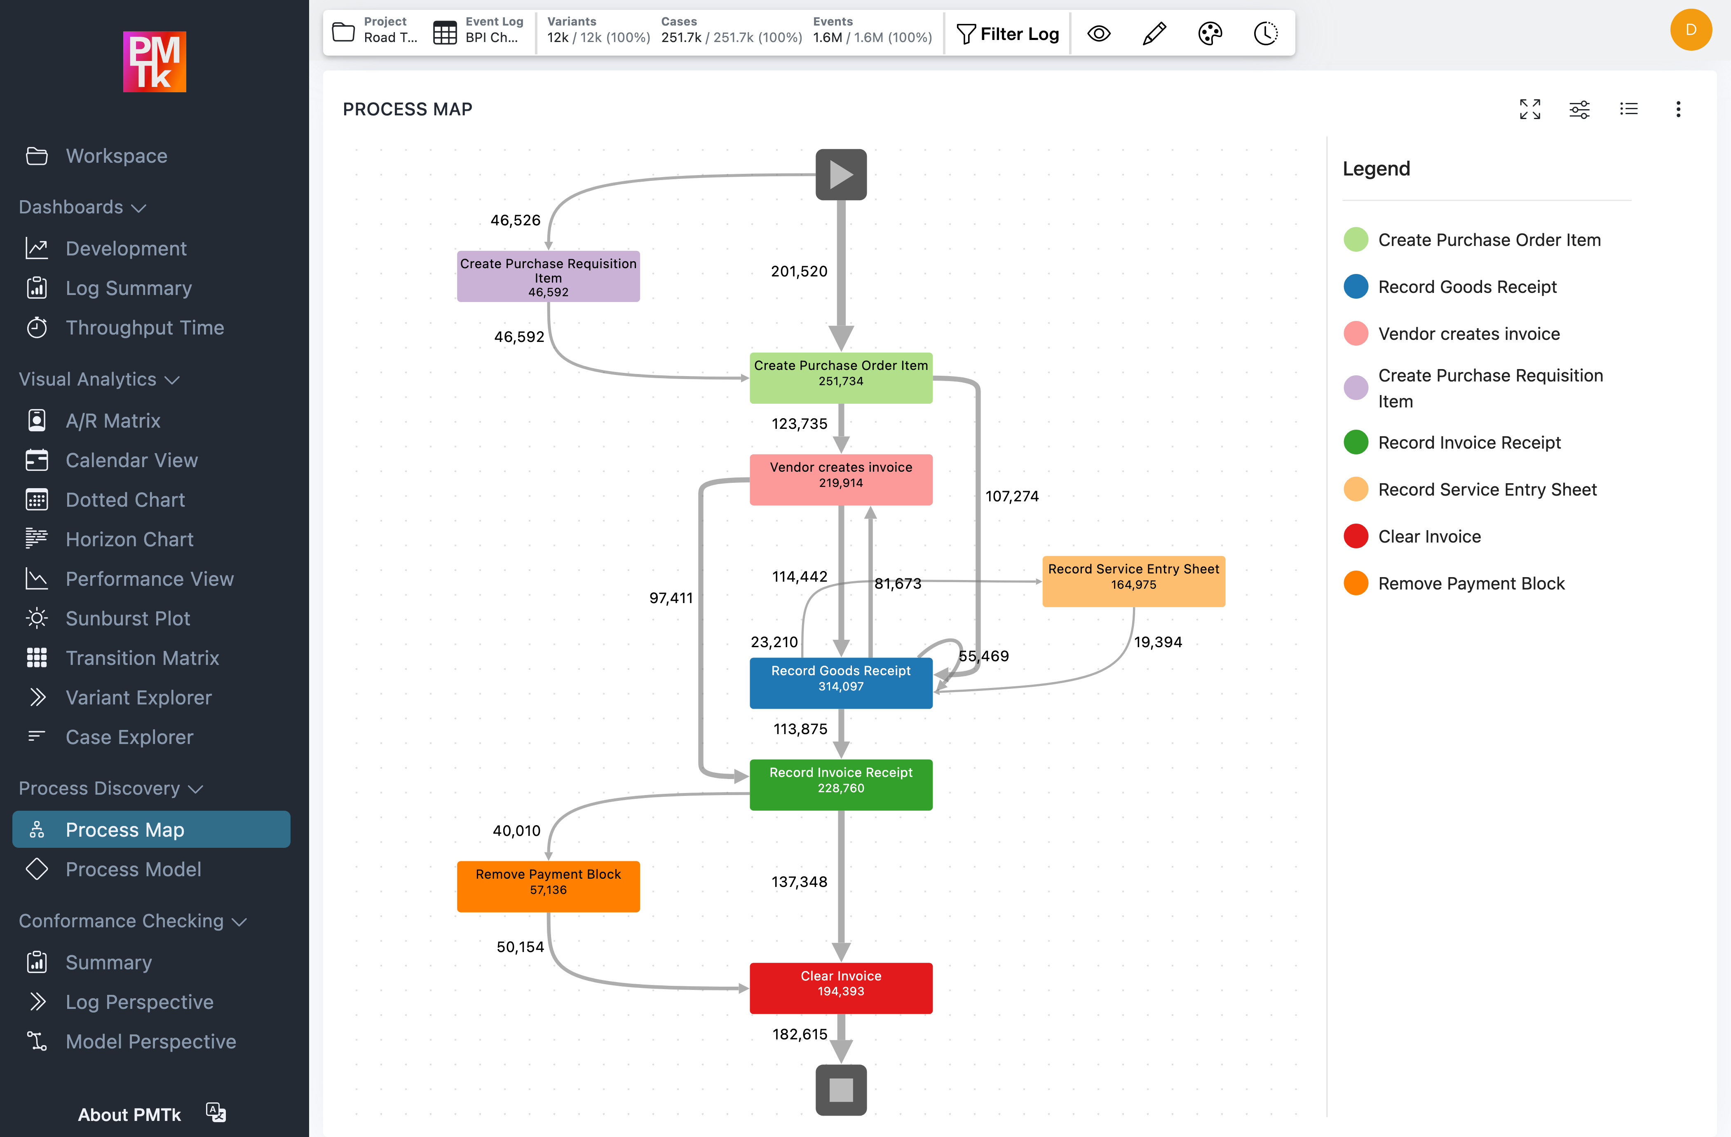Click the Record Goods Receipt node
[841, 682]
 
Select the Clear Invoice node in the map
[841, 987]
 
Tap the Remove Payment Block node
[548, 885]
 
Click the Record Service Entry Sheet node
[1133, 580]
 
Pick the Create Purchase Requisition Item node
[548, 276]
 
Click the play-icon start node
[841, 175]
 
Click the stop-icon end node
[841, 1089]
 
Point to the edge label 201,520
[799, 271]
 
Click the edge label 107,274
[1012, 496]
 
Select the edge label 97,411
[671, 598]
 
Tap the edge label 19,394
[1158, 642]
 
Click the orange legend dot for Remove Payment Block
[1356, 583]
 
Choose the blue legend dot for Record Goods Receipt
[1356, 286]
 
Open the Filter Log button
[1007, 33]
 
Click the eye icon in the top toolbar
[1098, 33]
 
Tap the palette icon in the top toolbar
[1210, 33]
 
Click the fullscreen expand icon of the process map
[1529, 109]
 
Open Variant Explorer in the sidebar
[138, 697]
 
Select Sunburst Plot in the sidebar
[128, 618]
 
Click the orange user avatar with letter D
[1690, 30]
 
